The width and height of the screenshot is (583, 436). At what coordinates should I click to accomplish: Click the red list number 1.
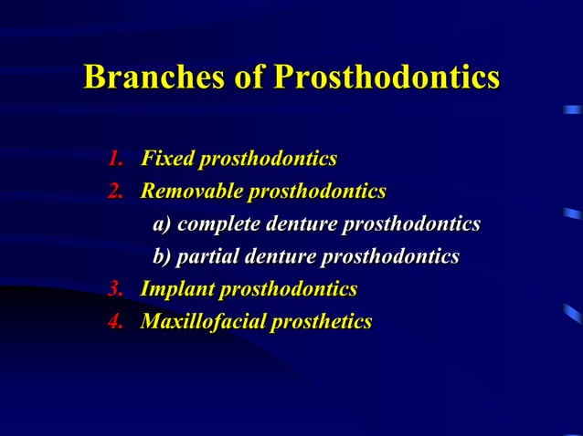[x=115, y=160]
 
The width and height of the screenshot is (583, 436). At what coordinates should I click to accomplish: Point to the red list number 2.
[x=115, y=192]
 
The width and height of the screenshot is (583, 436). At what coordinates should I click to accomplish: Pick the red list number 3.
[x=115, y=290]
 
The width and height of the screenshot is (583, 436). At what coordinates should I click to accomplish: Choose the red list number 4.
[x=115, y=322]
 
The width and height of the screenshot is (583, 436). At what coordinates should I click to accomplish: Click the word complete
[x=218, y=225]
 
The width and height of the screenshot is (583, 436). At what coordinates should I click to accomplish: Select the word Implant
[x=175, y=290]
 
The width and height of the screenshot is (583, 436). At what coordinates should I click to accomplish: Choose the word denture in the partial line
[x=278, y=258]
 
